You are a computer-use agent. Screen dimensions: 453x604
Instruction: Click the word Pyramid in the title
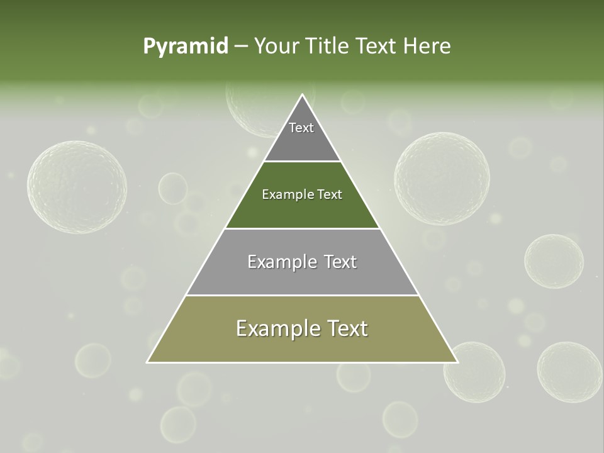coord(186,47)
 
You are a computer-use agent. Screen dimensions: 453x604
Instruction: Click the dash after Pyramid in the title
coord(241,47)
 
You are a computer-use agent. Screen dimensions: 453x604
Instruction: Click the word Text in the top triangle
coord(301,128)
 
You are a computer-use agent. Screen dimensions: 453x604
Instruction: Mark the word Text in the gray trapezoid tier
coord(340,262)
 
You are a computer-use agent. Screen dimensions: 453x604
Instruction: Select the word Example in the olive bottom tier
coord(274,328)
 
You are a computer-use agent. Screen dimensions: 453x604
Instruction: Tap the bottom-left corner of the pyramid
coord(148,362)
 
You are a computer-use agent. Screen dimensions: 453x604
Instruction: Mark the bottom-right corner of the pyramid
coord(457,362)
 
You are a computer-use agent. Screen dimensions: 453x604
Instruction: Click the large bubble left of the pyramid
coord(77,187)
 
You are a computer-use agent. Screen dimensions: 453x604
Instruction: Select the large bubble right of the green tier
coord(442,178)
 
